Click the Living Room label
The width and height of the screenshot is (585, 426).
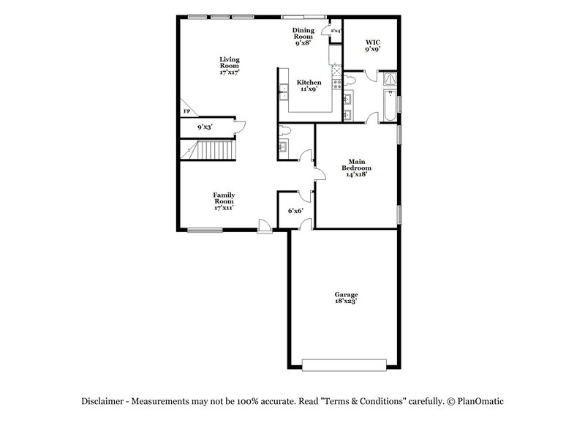[x=230, y=66]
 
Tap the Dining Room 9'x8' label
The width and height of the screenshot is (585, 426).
[x=303, y=33]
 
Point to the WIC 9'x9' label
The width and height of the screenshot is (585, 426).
[x=373, y=46]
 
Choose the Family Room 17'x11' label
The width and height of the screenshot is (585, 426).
[x=224, y=201]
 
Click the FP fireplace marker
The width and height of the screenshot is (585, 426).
[x=186, y=111]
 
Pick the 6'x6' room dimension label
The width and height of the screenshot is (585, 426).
[x=295, y=211]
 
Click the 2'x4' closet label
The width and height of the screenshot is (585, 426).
[x=336, y=31]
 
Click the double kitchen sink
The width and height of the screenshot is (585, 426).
[x=282, y=92]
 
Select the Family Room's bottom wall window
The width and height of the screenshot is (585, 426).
[x=205, y=230]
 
